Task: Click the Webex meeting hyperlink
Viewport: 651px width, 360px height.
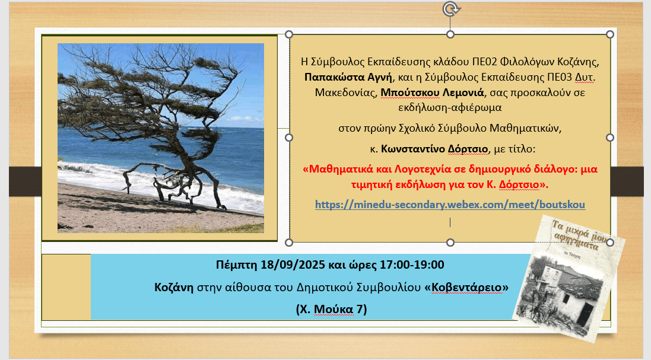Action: tap(450, 205)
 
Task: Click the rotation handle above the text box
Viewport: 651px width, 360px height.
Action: tap(450, 9)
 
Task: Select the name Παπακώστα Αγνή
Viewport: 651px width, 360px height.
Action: tap(348, 77)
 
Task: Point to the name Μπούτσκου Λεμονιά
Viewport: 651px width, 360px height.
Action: tap(432, 93)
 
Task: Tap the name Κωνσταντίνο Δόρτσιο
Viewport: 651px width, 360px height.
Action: tap(434, 149)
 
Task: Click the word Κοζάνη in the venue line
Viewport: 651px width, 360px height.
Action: tap(173, 287)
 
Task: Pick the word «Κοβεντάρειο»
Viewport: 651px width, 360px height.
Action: tap(466, 287)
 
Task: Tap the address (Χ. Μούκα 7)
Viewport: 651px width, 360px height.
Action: tap(331, 310)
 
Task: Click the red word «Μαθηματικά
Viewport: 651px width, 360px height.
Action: tap(338, 169)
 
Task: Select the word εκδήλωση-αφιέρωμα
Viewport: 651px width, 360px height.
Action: tap(450, 107)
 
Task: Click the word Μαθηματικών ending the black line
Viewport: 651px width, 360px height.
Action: tap(526, 128)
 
